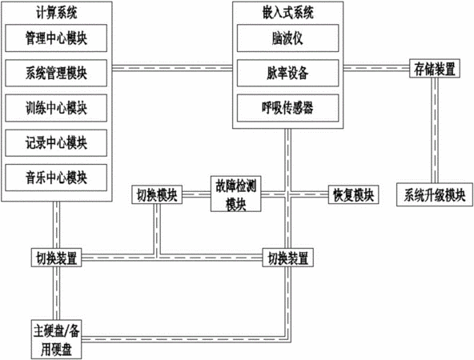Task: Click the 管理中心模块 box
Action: tap(56, 38)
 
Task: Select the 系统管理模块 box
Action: tap(56, 73)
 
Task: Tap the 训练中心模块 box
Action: tap(56, 108)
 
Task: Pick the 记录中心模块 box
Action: tap(56, 143)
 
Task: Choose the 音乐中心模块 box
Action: tap(56, 178)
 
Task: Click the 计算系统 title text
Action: tap(57, 13)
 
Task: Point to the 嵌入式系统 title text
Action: tap(287, 13)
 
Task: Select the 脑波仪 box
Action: tap(287, 38)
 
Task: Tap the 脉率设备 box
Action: tap(287, 73)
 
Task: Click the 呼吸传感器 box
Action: tap(287, 108)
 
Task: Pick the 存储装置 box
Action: tap(435, 68)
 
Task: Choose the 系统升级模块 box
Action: tap(435, 194)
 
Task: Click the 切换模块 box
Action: tap(157, 194)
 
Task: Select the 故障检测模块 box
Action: tap(235, 194)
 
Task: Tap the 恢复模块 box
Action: tap(353, 194)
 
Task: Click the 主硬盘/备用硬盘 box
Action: tap(56, 339)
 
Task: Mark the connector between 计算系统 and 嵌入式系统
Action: tap(172, 68)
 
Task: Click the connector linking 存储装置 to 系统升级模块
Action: tap(435, 130)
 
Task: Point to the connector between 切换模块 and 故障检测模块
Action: tap(196, 194)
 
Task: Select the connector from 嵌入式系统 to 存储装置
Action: tap(376, 68)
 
